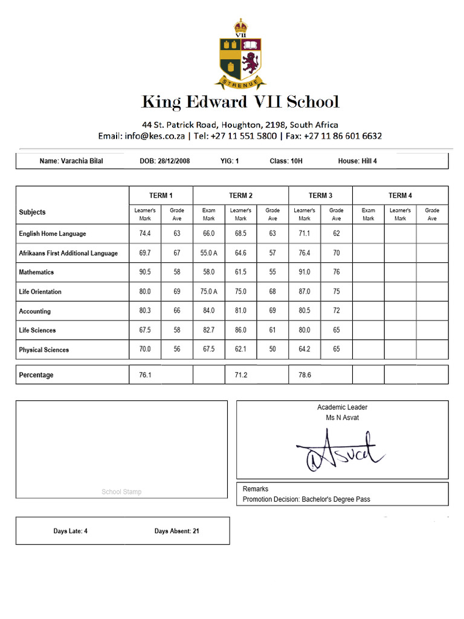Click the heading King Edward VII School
(240, 102)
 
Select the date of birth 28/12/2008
(165, 161)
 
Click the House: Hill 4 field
(357, 161)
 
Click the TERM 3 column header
(320, 195)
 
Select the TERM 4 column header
(400, 195)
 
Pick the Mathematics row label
(36, 273)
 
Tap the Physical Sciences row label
(43, 350)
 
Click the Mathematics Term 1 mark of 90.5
(145, 273)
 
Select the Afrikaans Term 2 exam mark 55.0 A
(208, 253)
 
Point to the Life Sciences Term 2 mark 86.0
(240, 331)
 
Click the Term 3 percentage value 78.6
(304, 375)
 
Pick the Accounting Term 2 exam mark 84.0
(208, 311)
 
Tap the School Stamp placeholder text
(121, 492)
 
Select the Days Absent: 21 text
(176, 531)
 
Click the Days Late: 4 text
(70, 531)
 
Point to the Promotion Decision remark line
(306, 499)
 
